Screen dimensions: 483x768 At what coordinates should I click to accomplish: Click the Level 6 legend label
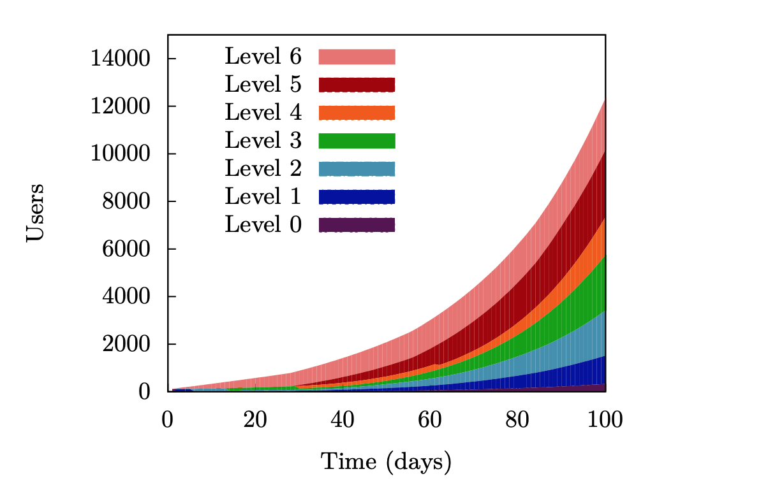[263, 57]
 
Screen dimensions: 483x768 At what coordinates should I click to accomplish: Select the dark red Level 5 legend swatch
[357, 85]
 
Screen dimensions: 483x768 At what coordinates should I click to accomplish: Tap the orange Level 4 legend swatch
[357, 113]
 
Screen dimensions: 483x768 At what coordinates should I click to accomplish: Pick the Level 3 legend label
[263, 140]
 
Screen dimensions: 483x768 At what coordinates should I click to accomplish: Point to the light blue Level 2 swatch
[357, 169]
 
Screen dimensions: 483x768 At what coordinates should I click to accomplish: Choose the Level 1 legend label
[263, 196]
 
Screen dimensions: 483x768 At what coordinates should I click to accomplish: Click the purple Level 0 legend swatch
[357, 224]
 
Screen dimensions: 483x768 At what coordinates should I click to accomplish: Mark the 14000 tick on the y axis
[120, 59]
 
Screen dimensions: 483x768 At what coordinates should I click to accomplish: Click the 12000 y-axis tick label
[120, 106]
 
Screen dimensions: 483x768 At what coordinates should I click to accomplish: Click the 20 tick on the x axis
[255, 421]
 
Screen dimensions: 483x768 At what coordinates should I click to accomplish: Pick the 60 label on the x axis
[430, 421]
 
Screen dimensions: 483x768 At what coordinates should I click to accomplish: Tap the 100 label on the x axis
[605, 421]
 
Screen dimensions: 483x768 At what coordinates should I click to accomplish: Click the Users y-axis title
[36, 212]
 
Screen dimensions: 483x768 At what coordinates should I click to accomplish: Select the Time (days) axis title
[386, 461]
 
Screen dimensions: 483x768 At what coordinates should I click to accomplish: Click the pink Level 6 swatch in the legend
[357, 57]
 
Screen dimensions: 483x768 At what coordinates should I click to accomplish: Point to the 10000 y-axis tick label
[120, 154]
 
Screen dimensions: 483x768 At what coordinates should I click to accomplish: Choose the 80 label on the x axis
[517, 421]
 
